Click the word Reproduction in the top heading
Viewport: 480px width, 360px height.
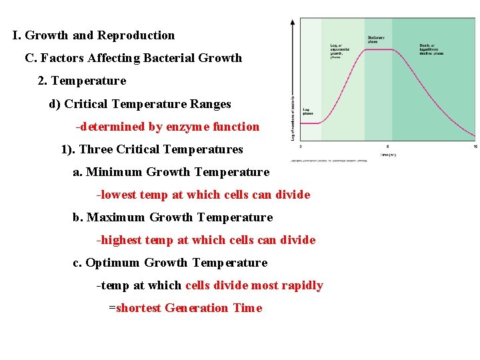coord(136,35)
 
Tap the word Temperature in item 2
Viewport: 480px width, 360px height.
coord(88,81)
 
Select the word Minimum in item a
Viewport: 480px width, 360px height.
coord(114,172)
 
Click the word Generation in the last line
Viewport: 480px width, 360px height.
coord(196,308)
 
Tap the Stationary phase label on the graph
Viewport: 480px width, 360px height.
coord(376,39)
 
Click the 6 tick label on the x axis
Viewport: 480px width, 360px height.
coord(388,146)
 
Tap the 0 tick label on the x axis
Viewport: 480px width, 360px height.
coord(300,146)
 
